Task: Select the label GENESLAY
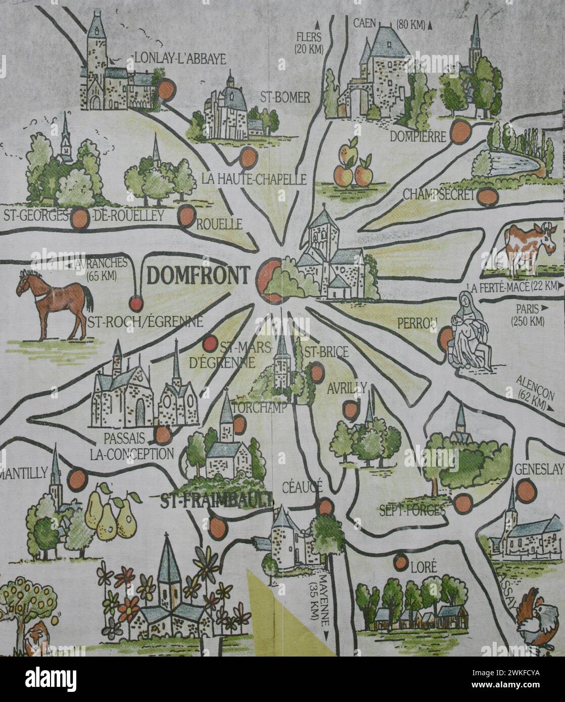click(x=538, y=470)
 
